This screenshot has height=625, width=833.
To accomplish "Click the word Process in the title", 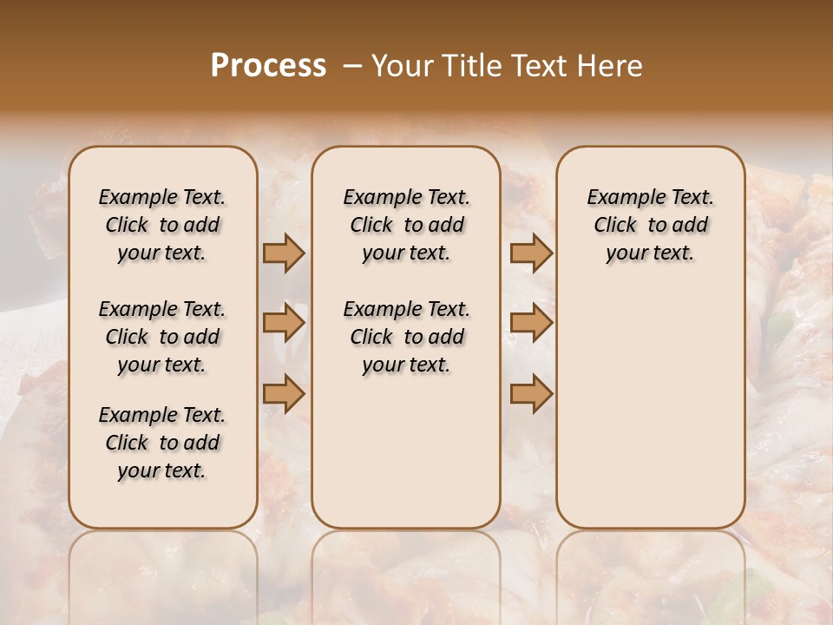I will tap(268, 66).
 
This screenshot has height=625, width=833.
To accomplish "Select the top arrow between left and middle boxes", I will tap(284, 253).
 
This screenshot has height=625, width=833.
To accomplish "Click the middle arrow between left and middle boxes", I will tap(284, 324).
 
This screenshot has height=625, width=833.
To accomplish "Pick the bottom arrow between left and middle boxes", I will tap(284, 393).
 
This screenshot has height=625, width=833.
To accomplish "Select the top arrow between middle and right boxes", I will tap(531, 253).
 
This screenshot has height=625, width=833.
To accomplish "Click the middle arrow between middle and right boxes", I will tap(531, 324).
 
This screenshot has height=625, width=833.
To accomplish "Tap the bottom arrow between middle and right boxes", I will tap(531, 393).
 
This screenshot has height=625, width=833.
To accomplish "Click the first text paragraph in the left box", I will tap(162, 225).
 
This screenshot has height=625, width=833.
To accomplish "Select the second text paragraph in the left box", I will tap(162, 337).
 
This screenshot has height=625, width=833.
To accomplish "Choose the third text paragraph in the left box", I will tap(162, 443).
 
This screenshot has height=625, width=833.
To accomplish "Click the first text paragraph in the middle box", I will tap(406, 225).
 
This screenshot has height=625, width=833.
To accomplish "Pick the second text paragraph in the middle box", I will tap(406, 337).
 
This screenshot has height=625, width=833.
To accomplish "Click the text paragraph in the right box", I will tap(650, 225).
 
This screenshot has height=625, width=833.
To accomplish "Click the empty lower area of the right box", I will tap(650, 408).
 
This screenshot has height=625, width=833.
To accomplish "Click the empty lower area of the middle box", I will tap(406, 451).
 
